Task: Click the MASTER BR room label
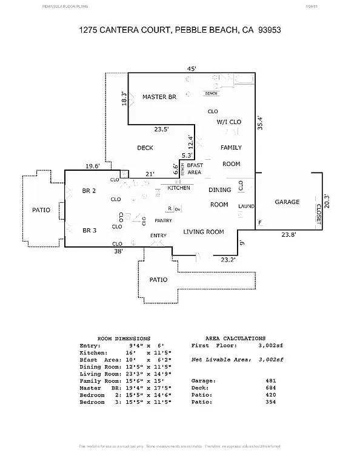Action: click(159, 97)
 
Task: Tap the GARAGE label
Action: click(287, 202)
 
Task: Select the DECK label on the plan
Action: click(145, 148)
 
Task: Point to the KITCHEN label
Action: click(179, 188)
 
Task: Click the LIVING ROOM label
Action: click(204, 231)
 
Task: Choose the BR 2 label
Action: click(89, 191)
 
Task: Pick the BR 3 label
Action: click(89, 230)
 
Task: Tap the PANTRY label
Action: click(164, 221)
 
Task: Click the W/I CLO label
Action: click(229, 122)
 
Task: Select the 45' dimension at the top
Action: click(191, 69)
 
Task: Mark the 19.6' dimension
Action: click(93, 166)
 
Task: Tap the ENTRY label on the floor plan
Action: click(159, 236)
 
